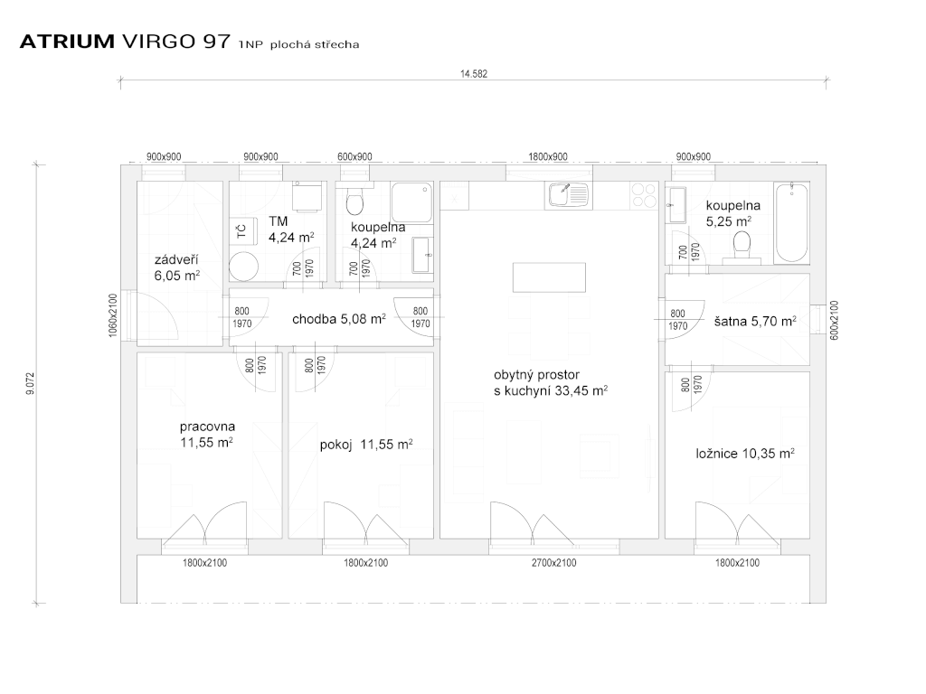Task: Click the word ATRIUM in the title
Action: click(67, 42)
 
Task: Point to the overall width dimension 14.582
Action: click(474, 74)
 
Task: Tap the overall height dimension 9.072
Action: click(30, 383)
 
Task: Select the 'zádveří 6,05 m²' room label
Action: click(176, 267)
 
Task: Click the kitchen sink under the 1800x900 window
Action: click(569, 195)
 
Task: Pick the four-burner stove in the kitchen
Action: click(644, 195)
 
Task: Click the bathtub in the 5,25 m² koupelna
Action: click(791, 222)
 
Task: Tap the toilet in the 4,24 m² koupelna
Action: click(354, 202)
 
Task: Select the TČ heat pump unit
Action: click(242, 231)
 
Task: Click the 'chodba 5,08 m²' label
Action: click(339, 319)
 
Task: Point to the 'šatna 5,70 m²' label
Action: click(755, 321)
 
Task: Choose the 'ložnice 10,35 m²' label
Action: click(745, 454)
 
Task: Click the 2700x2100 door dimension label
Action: click(554, 562)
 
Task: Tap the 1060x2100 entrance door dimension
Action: click(113, 315)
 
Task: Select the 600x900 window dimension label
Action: click(354, 156)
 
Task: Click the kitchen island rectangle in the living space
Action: click(549, 277)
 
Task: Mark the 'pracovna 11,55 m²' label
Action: click(207, 434)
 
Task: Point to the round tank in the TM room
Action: click(244, 267)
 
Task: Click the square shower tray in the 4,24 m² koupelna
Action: click(411, 203)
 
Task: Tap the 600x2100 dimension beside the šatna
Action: click(834, 319)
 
